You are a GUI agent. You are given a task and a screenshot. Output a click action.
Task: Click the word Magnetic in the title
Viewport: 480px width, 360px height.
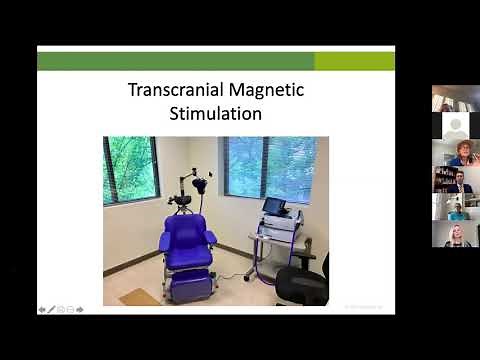coord(262,90)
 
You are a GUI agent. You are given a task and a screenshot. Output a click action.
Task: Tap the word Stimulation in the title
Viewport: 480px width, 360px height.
coord(215,113)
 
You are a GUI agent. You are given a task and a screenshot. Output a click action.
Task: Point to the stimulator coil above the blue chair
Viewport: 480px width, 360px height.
coord(201,184)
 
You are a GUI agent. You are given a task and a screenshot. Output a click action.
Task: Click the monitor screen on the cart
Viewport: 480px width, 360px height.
coord(273,207)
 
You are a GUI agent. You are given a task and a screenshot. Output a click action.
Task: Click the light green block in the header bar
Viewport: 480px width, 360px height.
coord(354,61)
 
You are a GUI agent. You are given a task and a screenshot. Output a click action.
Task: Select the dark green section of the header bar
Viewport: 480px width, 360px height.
coord(175,61)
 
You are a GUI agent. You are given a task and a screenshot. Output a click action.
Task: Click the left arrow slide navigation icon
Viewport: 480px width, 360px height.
coord(42,309)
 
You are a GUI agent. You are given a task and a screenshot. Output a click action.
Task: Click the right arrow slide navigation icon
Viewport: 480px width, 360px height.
coord(80,309)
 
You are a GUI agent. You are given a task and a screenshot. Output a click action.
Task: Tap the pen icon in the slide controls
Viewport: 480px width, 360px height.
coord(51,309)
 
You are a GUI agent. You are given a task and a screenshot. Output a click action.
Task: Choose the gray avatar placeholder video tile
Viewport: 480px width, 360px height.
coord(455,126)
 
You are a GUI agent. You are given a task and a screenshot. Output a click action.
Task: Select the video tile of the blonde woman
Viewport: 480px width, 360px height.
coord(455,234)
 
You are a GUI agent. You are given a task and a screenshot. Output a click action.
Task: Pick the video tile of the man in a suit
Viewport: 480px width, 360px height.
coord(455,180)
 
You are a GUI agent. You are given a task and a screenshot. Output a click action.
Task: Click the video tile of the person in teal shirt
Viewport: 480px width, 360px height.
coord(455,207)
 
